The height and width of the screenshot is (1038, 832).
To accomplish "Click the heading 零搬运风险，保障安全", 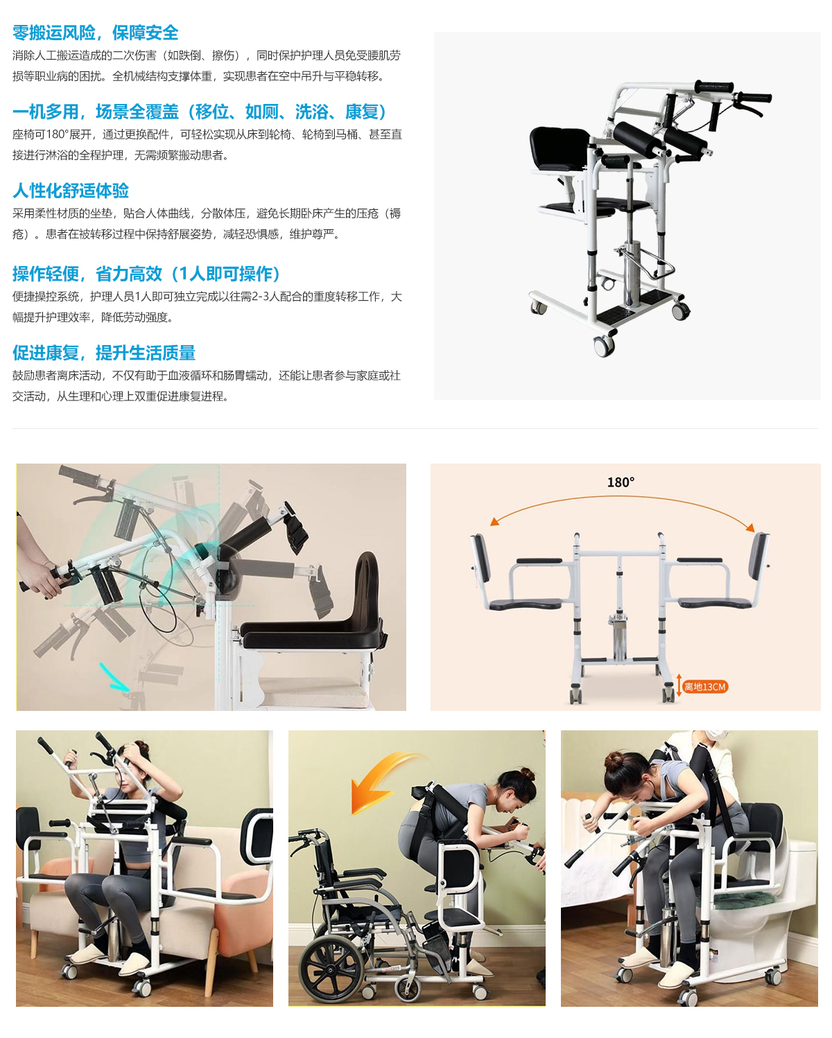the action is [95, 33].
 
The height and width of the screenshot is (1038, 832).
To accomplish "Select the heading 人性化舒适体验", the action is [71, 191].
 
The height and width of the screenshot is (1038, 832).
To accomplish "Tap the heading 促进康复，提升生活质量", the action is [104, 353].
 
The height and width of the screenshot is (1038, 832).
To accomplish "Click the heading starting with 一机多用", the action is [199, 112].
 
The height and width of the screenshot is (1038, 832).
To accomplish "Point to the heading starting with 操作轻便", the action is [146, 274].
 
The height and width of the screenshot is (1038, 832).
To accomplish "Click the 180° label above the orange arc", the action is [621, 482].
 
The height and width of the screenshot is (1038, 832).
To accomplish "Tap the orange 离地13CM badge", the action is [705, 687].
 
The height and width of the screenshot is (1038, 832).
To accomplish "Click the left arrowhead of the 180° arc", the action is [494, 521].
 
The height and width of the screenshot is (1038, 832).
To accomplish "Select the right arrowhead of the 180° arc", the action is [750, 527].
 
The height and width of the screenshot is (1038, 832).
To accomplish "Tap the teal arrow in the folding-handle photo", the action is [114, 678].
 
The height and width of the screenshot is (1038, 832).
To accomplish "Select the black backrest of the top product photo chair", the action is [560, 147].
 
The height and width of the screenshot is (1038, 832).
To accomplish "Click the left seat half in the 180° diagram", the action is [525, 604].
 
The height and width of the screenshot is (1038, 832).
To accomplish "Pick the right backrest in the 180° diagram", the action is [759, 556].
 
